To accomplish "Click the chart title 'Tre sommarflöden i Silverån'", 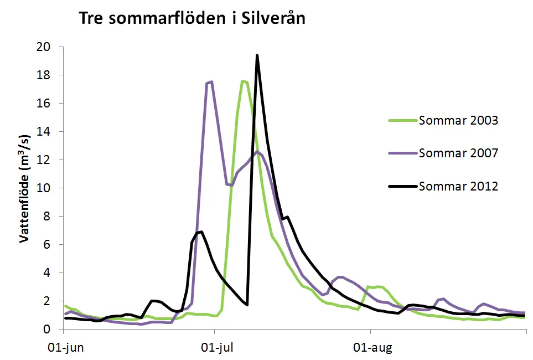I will click(193, 18).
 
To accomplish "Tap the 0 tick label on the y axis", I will click(53, 330).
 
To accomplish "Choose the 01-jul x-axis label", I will click(216, 349).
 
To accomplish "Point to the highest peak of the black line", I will click(257, 55).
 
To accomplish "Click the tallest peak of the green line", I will click(242, 81).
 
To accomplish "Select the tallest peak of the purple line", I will click(211, 82).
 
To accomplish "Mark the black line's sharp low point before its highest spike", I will click(247, 305).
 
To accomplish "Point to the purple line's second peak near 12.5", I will click(257, 152).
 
